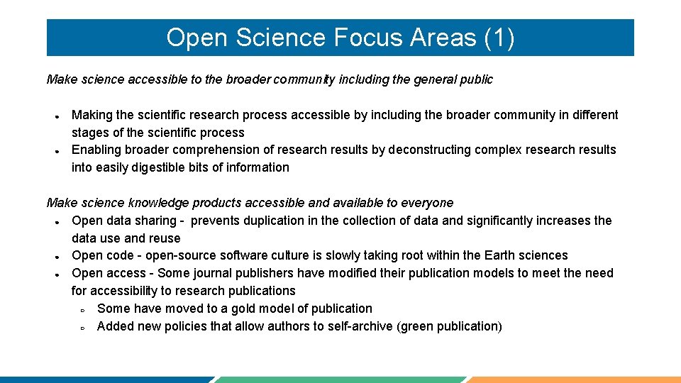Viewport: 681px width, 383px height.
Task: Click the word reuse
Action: click(x=165, y=238)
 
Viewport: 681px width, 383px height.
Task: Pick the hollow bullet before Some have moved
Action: click(x=82, y=309)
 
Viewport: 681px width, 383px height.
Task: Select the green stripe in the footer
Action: click(x=340, y=379)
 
